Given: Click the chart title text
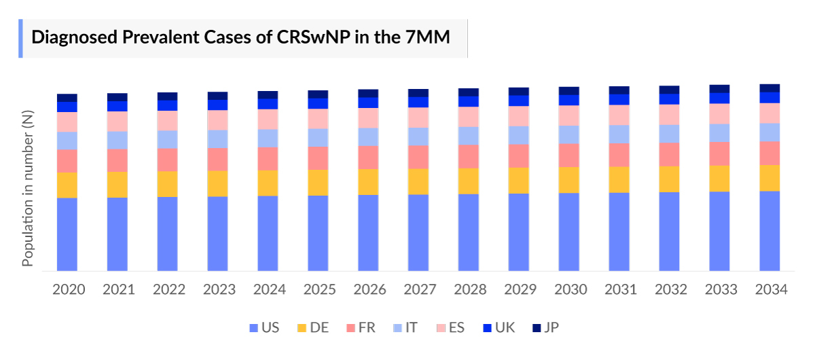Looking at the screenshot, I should point(241,37).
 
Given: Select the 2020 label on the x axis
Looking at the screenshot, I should point(69,289).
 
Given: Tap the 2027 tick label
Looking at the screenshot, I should point(420,289).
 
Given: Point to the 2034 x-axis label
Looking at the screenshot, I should point(771,289).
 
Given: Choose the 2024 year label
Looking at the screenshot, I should point(270,289).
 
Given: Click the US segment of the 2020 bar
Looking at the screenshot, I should point(67,234).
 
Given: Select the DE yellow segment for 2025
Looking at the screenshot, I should point(318,182).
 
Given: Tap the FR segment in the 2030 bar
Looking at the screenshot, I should point(569,155).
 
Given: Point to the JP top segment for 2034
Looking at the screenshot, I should point(769,88).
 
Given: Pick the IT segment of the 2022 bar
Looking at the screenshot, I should point(168,139).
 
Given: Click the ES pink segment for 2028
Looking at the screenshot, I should point(469,117).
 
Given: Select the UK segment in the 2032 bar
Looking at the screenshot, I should point(670,98).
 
